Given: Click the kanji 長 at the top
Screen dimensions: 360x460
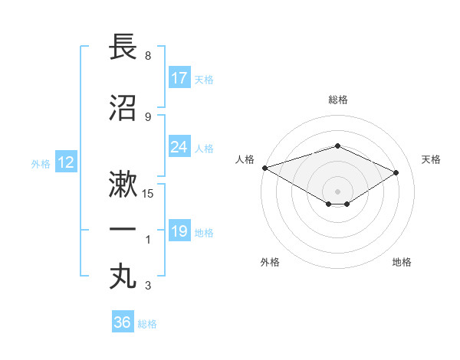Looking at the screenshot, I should (x=123, y=47).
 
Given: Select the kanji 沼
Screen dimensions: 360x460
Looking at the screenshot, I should (x=123, y=108).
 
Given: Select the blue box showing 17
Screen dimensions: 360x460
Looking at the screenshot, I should (x=179, y=77).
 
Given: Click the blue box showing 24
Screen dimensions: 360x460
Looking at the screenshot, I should (x=179, y=148).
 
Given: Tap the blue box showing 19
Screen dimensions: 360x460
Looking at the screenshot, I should (x=179, y=231).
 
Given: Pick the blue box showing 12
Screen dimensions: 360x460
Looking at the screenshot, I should (x=65, y=162).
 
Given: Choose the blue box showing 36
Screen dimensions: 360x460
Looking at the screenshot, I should (x=123, y=322).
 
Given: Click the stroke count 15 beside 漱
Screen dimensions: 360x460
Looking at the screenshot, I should (x=148, y=194).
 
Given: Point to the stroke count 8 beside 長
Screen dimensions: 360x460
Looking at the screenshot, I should (x=147, y=57).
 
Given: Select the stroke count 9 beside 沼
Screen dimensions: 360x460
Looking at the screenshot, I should (x=147, y=117).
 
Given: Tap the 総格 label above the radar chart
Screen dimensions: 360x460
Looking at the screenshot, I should (x=337, y=100).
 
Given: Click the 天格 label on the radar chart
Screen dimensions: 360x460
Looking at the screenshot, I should (x=431, y=159).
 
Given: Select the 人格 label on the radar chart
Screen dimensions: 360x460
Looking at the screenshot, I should (x=245, y=159).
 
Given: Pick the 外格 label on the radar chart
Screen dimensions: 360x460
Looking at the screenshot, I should (x=269, y=262).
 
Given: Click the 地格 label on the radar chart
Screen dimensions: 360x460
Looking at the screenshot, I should (x=402, y=262).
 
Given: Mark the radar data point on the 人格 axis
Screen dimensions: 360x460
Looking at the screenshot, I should (x=264, y=168).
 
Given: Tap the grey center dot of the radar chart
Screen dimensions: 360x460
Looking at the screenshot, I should (x=337, y=190).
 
